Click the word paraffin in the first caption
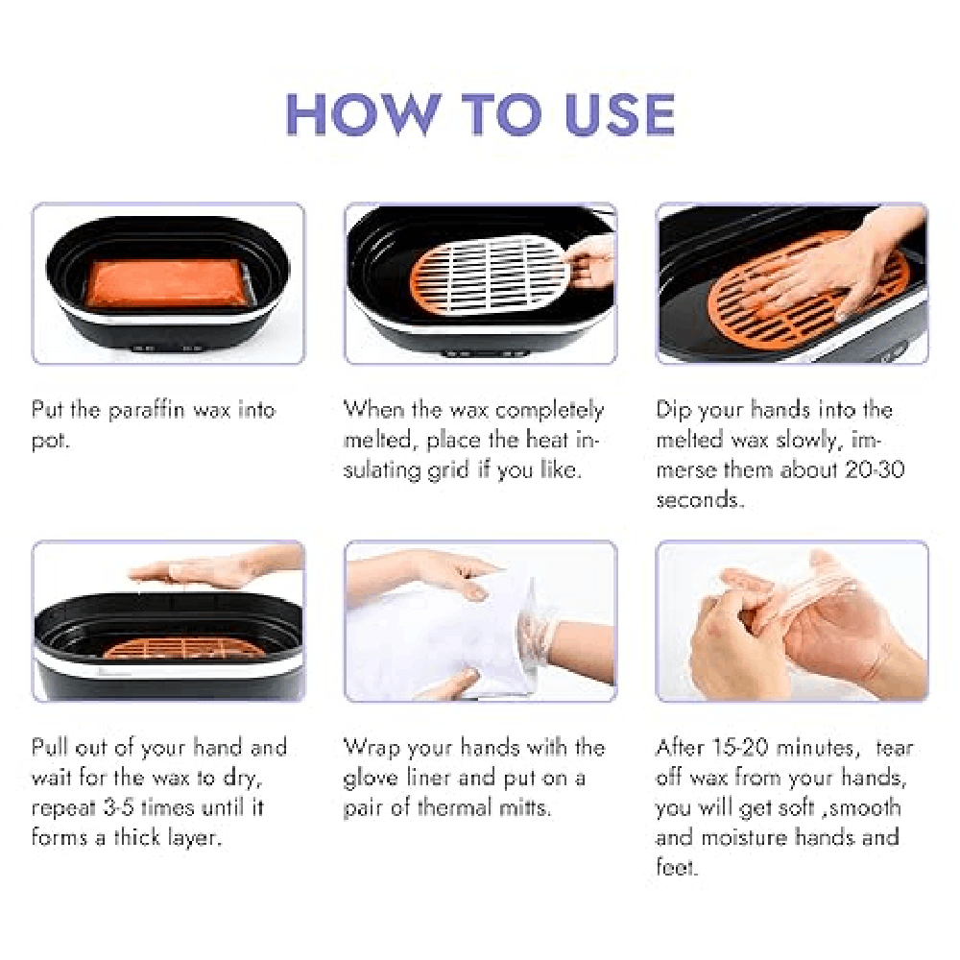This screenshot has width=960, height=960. [146, 410]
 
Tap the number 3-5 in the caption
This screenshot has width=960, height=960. [118, 807]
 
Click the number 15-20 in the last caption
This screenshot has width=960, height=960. [740, 748]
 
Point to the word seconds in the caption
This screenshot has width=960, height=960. [700, 500]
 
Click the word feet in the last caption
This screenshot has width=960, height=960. [676, 867]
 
